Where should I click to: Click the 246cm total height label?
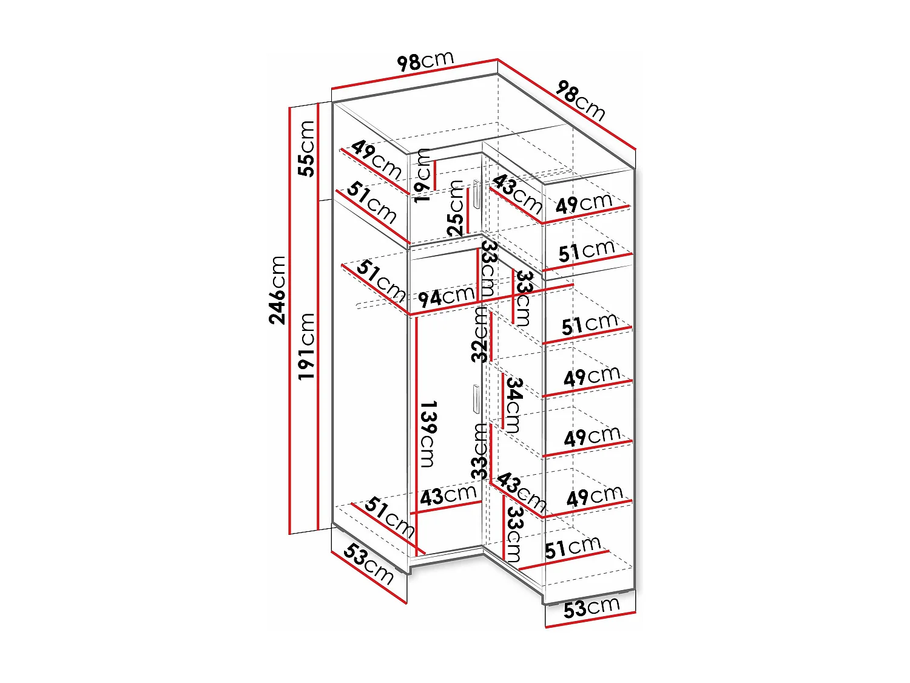tap(277, 290)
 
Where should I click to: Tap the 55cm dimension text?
tap(307, 149)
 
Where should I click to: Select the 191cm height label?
tap(307, 346)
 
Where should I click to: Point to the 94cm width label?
tap(446, 297)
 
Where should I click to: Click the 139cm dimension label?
tap(427, 433)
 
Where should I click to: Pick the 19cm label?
tap(422, 174)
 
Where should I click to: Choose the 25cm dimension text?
tap(456, 208)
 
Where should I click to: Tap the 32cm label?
tap(480, 335)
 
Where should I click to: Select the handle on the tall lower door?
tap(475, 399)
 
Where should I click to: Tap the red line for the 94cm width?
tap(491, 299)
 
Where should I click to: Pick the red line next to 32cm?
tap(491, 337)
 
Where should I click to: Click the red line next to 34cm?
tap(502, 401)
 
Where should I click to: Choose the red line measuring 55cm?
tap(318, 152)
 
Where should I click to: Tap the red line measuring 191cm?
tap(318, 364)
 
